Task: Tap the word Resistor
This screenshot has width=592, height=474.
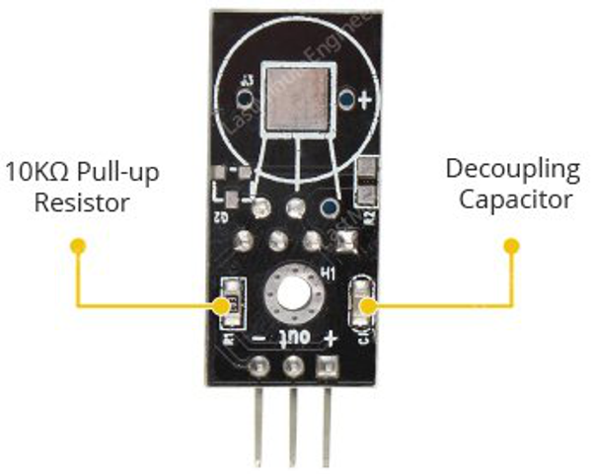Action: (82, 203)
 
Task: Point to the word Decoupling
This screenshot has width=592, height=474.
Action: (512, 169)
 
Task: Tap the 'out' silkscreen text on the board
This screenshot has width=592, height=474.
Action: (293, 338)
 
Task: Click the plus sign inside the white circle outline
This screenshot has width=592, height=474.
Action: (365, 100)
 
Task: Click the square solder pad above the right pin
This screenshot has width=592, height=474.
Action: (327, 367)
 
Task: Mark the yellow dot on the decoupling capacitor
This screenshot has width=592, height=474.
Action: (368, 306)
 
